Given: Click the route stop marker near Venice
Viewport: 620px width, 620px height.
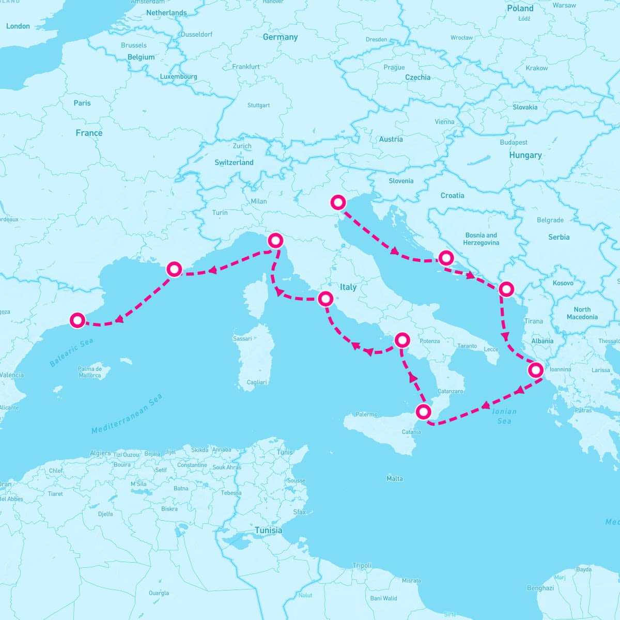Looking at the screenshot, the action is (338, 203).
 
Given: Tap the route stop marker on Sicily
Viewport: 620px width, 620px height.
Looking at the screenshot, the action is (424, 412).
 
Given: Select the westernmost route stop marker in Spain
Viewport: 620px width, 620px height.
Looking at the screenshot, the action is (78, 320).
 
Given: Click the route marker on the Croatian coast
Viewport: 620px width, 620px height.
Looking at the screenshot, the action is (445, 257).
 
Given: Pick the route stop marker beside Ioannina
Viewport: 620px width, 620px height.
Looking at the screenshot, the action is (536, 370).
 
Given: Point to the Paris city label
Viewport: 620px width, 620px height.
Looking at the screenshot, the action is (82, 103).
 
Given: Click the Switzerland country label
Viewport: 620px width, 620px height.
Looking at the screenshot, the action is (234, 162).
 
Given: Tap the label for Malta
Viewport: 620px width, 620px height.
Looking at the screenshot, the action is (395, 478).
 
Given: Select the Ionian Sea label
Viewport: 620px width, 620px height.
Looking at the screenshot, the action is (504, 416).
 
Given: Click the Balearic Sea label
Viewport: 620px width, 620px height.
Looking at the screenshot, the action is (71, 353).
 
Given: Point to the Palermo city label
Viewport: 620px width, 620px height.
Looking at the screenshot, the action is (366, 414).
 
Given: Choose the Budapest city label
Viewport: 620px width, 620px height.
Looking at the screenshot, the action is (514, 142).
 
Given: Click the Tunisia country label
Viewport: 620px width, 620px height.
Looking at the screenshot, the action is (269, 531).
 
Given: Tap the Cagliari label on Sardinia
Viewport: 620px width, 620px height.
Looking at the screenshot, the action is (257, 382).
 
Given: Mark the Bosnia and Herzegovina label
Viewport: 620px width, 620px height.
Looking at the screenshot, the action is (481, 239).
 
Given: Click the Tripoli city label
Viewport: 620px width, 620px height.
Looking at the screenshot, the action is (362, 565).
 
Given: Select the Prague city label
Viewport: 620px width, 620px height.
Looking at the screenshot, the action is (394, 68).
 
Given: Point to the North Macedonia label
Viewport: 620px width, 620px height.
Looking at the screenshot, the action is (582, 313).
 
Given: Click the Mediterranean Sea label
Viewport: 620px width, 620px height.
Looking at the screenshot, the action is (127, 414).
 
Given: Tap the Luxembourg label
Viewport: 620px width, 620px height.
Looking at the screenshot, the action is (179, 76).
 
